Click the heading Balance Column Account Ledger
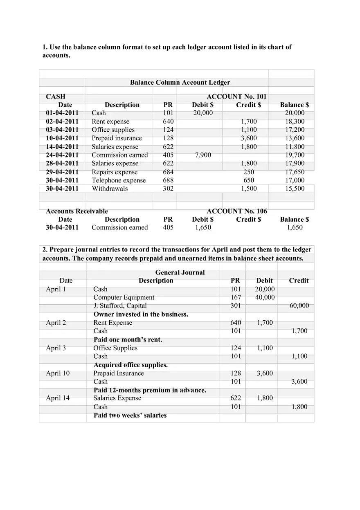pos(180,83)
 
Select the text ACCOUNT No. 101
pos(236,97)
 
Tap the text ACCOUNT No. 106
pos(236,211)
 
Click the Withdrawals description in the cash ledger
pos(110,189)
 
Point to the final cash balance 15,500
pos(295,189)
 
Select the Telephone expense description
pos(119,180)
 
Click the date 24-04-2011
pos(62,155)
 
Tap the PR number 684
pos(168,172)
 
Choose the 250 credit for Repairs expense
pos(248,172)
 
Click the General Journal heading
pos(180,272)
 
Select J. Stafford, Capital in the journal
pos(120,306)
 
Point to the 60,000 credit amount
pos(299,306)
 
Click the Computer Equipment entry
pos(124,297)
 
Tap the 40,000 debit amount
pos(265,297)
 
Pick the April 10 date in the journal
pos(58,373)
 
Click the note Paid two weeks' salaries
pos(130,416)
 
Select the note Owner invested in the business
pos(141,315)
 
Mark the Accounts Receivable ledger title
pos(77,211)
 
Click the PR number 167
pos(236,297)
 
